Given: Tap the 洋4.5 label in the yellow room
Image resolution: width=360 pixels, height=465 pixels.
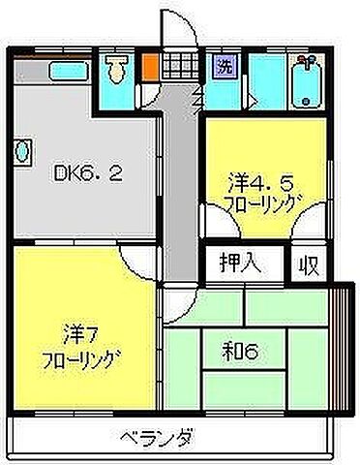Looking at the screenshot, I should (x=255, y=180).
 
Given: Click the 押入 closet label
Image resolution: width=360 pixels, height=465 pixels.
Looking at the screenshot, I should (x=228, y=262).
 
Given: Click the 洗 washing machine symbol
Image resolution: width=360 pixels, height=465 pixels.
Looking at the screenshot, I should (x=224, y=68).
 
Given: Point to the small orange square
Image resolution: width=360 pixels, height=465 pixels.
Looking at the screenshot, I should (x=150, y=69).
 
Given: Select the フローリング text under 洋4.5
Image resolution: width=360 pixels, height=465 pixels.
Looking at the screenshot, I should (x=257, y=204).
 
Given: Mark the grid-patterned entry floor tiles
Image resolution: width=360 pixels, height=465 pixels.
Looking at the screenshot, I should (x=178, y=68).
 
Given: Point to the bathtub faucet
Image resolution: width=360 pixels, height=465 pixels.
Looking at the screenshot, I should (x=308, y=65).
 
